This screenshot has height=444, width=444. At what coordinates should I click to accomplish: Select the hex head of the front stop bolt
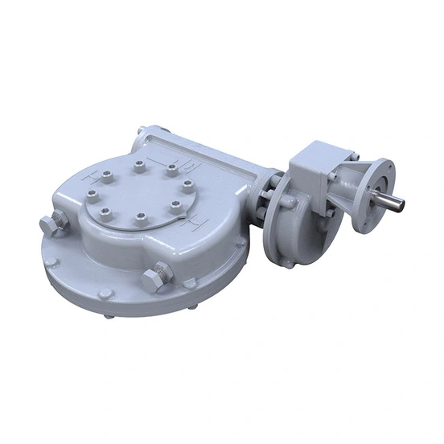click(153, 281)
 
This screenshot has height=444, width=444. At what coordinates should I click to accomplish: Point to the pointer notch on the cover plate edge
click(186, 218)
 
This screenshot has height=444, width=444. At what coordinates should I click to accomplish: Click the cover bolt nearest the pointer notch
click(176, 208)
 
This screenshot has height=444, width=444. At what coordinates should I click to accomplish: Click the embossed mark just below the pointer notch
click(193, 228)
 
